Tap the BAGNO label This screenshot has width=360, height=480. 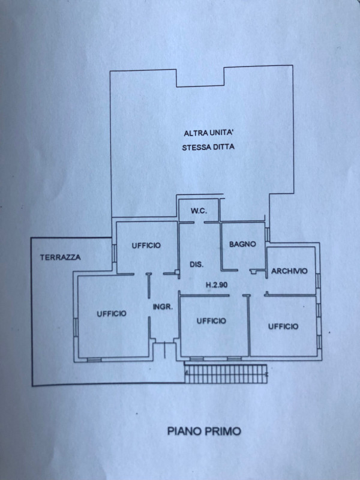242,244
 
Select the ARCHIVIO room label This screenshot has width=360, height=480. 289,271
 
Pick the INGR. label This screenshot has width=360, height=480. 163,307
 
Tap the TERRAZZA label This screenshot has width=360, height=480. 60,258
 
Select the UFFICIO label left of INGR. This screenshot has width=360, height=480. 110,313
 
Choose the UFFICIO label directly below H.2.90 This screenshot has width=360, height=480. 211,321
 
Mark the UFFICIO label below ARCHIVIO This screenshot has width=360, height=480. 283,326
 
